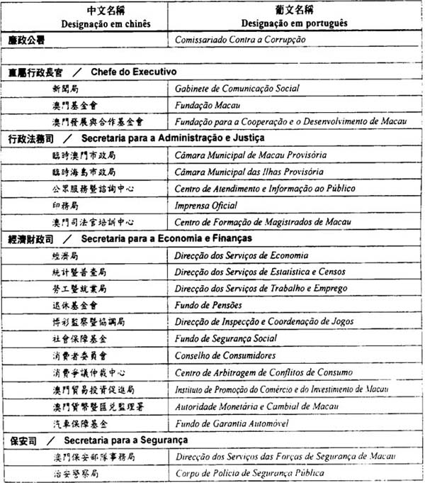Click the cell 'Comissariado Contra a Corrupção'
[x=240, y=40]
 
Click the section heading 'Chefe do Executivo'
[x=133, y=72]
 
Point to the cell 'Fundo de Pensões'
[x=210, y=305]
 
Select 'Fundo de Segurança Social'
[x=225, y=338]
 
